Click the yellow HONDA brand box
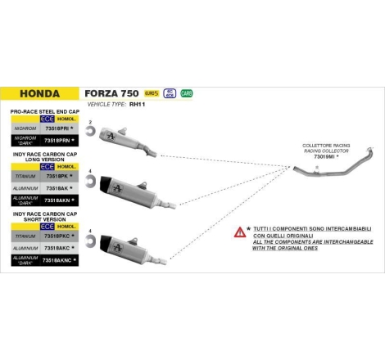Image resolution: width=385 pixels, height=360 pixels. [41, 94]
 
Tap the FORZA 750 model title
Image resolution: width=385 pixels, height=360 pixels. [112, 94]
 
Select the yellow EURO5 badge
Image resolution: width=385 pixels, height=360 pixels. [151, 93]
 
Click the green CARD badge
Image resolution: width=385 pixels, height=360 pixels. [187, 93]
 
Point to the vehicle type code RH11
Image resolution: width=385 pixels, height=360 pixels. [149, 104]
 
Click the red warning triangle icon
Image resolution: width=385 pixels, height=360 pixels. [240, 232]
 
